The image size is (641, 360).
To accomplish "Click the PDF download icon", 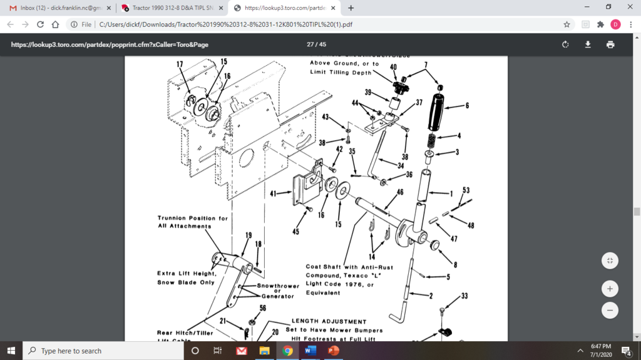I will coord(588,44).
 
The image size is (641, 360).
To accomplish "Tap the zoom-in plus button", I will coord(610,289).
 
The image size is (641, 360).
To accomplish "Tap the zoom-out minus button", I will coord(610,310).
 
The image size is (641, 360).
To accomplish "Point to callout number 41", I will coord(273,193).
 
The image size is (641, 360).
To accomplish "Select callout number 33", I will coord(464,296).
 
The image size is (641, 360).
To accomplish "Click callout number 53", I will coord(466,190).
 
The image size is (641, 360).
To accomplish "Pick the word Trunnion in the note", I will coord(172,218).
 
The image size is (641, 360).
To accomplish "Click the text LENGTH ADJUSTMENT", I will coord(329,321).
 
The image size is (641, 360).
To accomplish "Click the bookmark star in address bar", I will coord(567,24).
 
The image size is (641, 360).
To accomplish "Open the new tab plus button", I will coord(351,8).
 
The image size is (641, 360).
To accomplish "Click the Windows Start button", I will coord(11,351).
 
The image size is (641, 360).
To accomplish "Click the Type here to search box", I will coord(103,351).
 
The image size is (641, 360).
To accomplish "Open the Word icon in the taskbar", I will coord(310,351).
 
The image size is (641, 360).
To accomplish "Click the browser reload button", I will coord(41,24).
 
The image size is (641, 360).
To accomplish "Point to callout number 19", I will coord(249,235).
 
